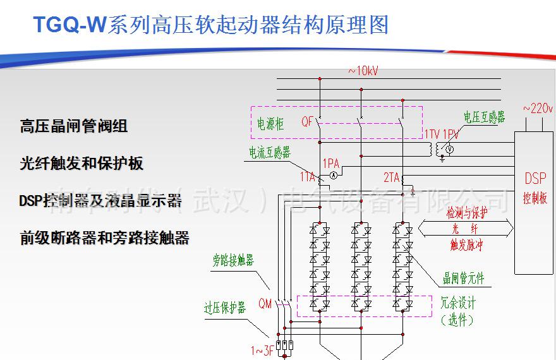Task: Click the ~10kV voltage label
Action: click(363, 71)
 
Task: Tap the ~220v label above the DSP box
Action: click(538, 109)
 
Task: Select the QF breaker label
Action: click(308, 123)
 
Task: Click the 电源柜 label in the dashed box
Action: click(270, 124)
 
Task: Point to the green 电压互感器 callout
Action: click(484, 117)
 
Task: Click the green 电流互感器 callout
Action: click(269, 152)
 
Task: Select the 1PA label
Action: click(330, 163)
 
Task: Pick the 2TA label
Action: click(391, 178)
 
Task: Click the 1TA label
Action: click(307, 177)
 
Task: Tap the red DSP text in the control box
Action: click(535, 179)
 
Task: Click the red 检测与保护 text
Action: click(467, 213)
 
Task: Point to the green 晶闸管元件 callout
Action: click(464, 279)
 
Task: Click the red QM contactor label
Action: click(265, 304)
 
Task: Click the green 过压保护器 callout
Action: click(224, 308)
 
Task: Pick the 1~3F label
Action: click(262, 351)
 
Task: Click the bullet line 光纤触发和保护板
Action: click(82, 164)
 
